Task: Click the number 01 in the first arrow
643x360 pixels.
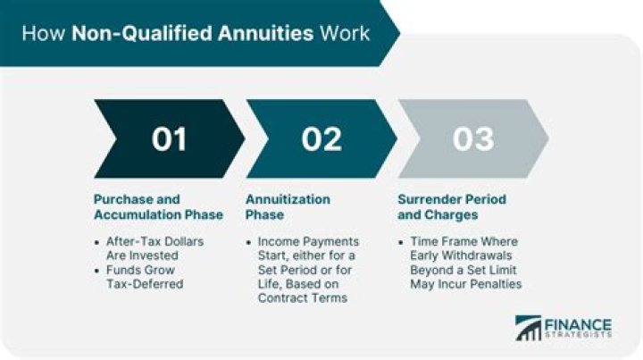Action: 168,139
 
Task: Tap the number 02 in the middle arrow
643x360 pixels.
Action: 321,139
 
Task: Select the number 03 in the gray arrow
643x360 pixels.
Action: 472,139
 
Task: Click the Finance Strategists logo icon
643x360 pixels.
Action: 529,329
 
